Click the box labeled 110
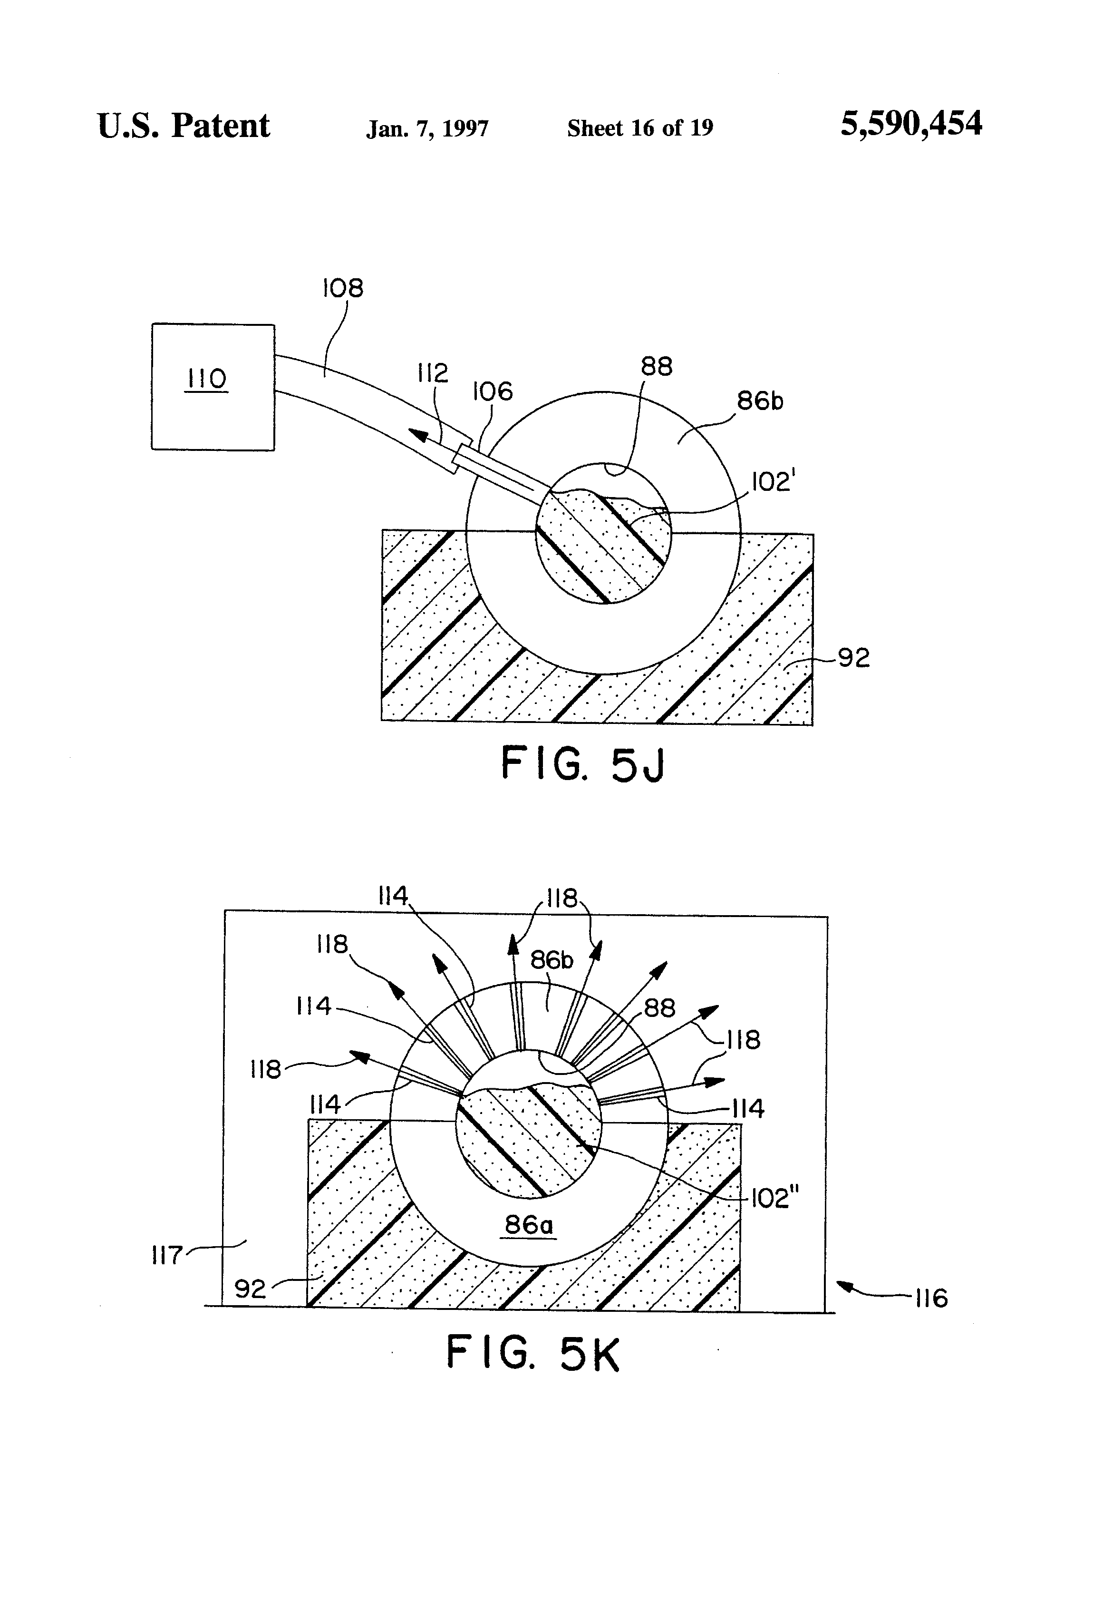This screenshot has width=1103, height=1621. pyautogui.click(x=213, y=386)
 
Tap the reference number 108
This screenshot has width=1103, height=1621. pyautogui.click(x=342, y=288)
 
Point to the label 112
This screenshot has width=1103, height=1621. pyautogui.click(x=432, y=373)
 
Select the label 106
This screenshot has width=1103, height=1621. pyautogui.click(x=492, y=391)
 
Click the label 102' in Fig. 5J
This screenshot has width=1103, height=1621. pyautogui.click(x=772, y=481)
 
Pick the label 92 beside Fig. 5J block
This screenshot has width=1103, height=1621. pyautogui.click(x=853, y=658)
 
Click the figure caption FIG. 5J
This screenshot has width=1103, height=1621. pyautogui.click(x=583, y=764)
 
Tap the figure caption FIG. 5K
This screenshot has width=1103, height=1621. pyautogui.click(x=532, y=1353)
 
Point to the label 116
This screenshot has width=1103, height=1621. pyautogui.click(x=931, y=1299)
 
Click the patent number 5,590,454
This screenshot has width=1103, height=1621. pyautogui.click(x=911, y=124)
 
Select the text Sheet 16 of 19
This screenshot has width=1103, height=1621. pyautogui.click(x=640, y=127)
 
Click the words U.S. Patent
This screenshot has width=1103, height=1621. pyautogui.click(x=184, y=126)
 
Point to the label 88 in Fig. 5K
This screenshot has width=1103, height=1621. pyautogui.click(x=659, y=1008)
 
